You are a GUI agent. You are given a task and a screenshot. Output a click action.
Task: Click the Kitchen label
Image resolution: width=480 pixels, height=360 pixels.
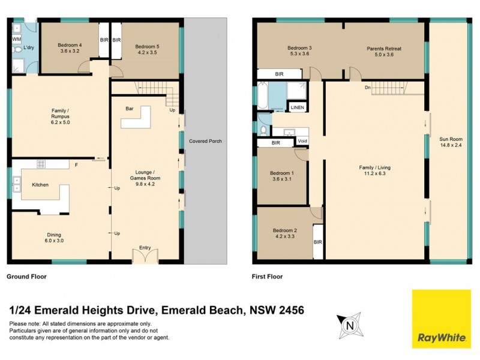pyautogui.click(x=40, y=185)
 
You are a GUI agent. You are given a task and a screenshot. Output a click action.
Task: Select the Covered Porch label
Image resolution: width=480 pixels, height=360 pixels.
pyautogui.click(x=205, y=141)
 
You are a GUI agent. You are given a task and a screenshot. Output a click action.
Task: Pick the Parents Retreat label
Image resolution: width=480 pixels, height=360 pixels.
pyautogui.click(x=384, y=52)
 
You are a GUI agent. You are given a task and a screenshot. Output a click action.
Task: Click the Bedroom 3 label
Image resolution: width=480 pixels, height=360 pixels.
pyautogui.click(x=299, y=52)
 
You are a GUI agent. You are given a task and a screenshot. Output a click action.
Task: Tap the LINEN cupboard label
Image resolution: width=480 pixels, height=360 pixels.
pyautogui.click(x=297, y=107)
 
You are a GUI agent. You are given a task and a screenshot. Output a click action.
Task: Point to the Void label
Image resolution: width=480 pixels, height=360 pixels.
pyautogui.click(x=302, y=142)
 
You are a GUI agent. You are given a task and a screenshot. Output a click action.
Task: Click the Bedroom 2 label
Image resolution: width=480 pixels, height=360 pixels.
pyautogui.click(x=284, y=233)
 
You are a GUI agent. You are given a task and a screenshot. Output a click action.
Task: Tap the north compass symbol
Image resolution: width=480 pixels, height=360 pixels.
pyautogui.click(x=349, y=325)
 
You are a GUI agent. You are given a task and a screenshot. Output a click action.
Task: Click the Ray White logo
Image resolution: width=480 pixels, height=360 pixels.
pyautogui.click(x=441, y=319)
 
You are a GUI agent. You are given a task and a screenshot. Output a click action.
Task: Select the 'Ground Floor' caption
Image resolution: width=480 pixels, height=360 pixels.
pyautogui.click(x=26, y=277)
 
